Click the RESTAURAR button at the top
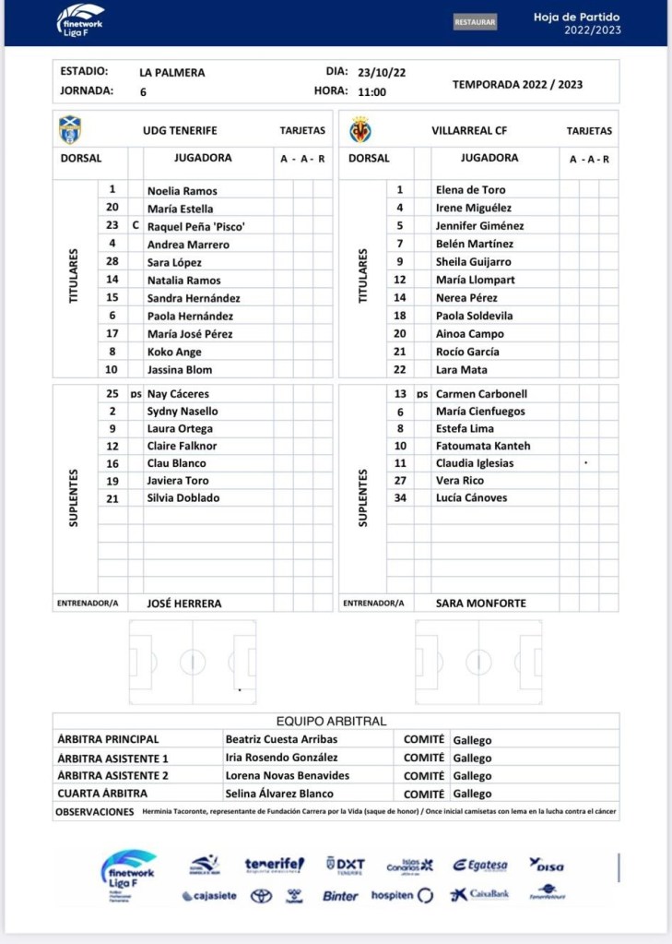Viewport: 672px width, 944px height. [x=475, y=22]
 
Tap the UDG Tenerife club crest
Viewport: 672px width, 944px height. [x=69, y=129]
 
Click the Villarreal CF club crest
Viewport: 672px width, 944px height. [x=360, y=130]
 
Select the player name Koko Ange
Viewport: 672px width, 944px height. [x=173, y=352]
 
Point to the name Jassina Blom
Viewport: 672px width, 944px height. [x=180, y=369]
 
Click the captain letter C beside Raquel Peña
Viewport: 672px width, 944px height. [x=136, y=226]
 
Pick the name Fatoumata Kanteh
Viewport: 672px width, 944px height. [x=483, y=446]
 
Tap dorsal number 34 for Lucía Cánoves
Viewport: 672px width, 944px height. [x=400, y=497]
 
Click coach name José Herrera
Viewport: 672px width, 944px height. [x=184, y=603]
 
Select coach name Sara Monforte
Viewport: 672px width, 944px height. [x=481, y=603]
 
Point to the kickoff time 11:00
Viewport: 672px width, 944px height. [x=371, y=91]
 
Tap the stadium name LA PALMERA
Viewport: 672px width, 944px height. [x=172, y=72]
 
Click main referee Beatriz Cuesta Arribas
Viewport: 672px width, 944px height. [x=281, y=739]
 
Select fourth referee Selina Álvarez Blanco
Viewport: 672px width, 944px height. [x=279, y=794]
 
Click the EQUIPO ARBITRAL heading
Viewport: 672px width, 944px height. [x=331, y=722]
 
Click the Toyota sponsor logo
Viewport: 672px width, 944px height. [x=261, y=896]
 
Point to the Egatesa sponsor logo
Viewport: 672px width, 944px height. [x=479, y=866]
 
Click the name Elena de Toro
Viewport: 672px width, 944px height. [x=470, y=190]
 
